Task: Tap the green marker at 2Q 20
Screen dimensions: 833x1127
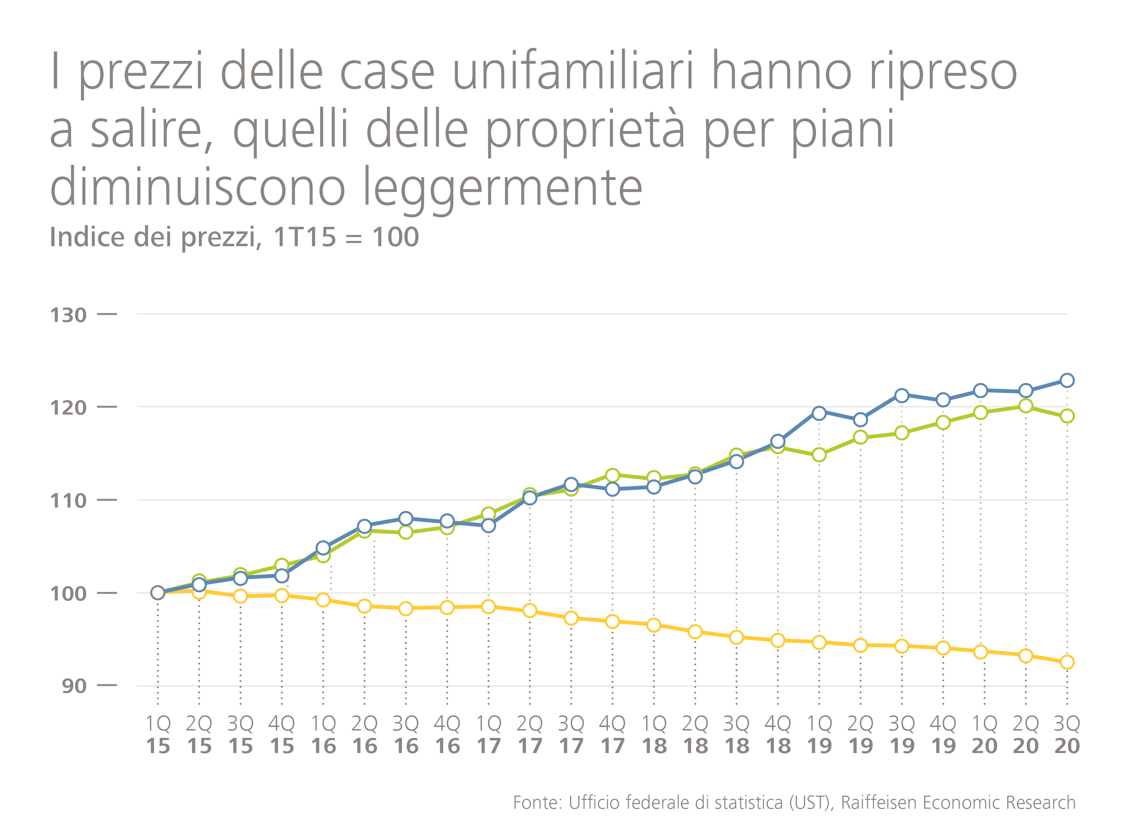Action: pyautogui.click(x=1025, y=406)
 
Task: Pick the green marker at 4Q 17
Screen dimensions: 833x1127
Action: pyautogui.click(x=612, y=475)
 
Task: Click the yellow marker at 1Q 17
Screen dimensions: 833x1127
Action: pyautogui.click(x=488, y=607)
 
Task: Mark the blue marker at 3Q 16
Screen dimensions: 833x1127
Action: pyautogui.click(x=405, y=518)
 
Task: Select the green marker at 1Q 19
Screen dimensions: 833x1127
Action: pyautogui.click(x=819, y=455)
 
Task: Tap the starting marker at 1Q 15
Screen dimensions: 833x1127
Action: pyautogui.click(x=158, y=593)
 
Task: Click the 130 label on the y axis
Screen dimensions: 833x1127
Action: pyautogui.click(x=68, y=315)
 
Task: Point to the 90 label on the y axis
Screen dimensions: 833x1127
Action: pyautogui.click(x=74, y=686)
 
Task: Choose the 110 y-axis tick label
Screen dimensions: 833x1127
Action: pyautogui.click(x=68, y=501)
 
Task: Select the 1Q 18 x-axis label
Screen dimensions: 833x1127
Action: pyautogui.click(x=654, y=735)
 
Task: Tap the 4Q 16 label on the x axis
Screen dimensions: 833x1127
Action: pyautogui.click(x=447, y=735)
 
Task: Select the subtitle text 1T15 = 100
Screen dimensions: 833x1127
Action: pyautogui.click(x=346, y=237)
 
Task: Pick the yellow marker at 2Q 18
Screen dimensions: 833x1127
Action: pyautogui.click(x=695, y=632)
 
